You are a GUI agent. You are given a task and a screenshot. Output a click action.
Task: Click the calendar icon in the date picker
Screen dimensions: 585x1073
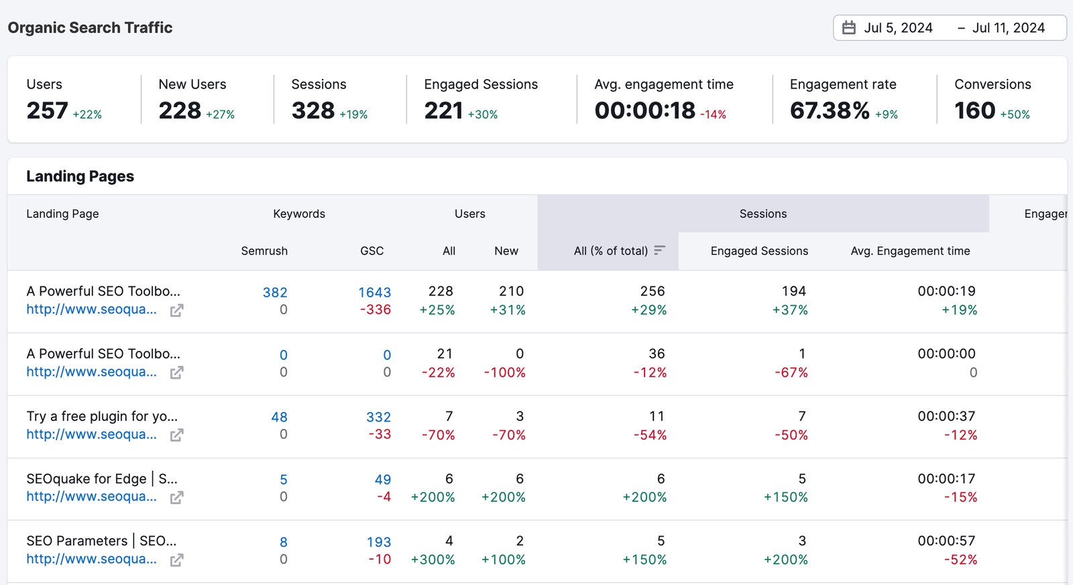coord(849,28)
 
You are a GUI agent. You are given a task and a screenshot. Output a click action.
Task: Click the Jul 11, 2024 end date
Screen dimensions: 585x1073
coord(1008,28)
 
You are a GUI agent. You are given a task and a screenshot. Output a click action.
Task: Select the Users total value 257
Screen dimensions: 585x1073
coord(47,111)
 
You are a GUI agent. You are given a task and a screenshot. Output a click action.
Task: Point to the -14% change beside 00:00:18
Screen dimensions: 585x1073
coord(713,115)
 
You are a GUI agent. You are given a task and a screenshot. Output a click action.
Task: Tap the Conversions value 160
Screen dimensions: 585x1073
coord(974,111)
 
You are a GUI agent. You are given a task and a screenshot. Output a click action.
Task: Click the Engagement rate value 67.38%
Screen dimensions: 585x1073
coord(830,111)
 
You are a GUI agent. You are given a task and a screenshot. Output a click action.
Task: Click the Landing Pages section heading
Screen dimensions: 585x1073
coord(80,176)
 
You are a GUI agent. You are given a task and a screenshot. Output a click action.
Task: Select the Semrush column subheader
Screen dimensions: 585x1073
coord(264,251)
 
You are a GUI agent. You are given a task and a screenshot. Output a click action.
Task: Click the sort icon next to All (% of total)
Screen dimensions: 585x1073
coord(660,250)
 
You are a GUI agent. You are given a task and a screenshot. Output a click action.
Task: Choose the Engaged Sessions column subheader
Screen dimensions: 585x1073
coord(759,251)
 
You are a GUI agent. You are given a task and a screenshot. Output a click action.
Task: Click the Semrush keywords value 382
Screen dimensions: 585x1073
coord(275,292)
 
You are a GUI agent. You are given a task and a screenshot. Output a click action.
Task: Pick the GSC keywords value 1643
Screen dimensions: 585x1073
coord(374,292)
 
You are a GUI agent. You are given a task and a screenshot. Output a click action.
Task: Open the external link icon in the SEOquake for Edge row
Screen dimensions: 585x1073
coord(176,497)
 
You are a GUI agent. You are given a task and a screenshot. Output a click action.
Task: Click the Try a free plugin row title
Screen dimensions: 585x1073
coord(102,416)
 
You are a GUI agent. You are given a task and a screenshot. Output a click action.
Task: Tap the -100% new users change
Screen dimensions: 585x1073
coord(505,373)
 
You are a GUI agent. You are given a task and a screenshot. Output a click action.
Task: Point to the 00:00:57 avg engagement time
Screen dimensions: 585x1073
coord(946,541)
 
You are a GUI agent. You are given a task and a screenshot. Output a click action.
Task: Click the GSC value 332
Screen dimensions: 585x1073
coord(378,417)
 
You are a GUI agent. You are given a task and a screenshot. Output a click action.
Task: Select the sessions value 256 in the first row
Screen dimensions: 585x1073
coord(652,291)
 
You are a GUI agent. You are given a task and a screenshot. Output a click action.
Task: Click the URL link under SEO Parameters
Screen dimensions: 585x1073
coord(91,559)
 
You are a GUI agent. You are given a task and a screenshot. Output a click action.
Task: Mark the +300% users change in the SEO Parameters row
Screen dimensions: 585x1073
coord(433,560)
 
